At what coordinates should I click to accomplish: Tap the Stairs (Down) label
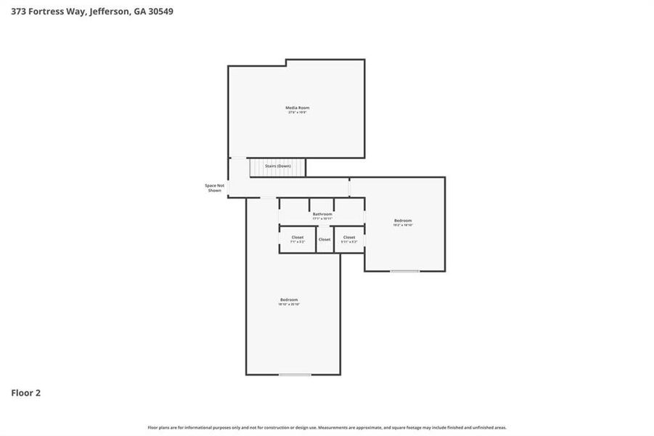(278, 166)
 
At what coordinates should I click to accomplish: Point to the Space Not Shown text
(214, 187)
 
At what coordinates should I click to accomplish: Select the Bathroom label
(322, 214)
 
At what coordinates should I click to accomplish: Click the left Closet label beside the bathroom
(298, 237)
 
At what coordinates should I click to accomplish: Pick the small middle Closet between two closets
(324, 239)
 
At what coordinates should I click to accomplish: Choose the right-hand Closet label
(349, 237)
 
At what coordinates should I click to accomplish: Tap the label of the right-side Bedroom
(403, 220)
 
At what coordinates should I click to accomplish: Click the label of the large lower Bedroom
(289, 299)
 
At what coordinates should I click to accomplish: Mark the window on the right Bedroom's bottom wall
(405, 271)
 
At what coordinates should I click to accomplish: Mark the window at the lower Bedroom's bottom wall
(295, 375)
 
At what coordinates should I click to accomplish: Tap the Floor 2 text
(26, 393)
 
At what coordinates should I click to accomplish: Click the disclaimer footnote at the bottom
(327, 427)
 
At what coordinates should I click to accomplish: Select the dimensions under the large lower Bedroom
(289, 304)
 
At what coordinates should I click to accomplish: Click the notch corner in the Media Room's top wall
(287, 63)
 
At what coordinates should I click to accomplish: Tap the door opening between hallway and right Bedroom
(349, 187)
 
